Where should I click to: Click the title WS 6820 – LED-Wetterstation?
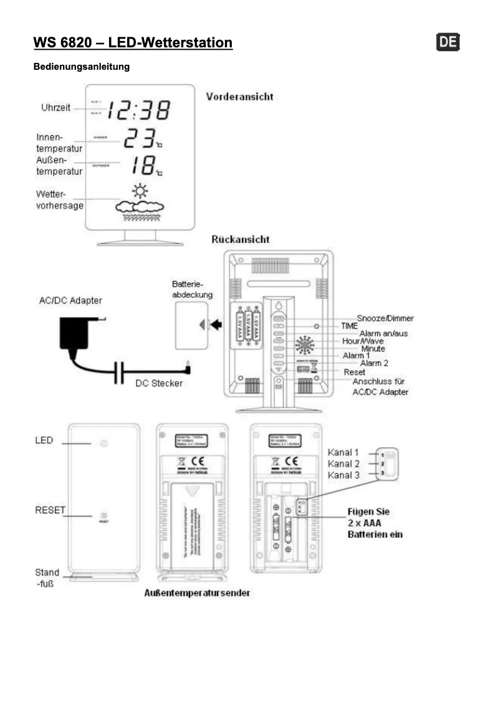(x=133, y=42)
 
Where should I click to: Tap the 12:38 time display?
(x=138, y=110)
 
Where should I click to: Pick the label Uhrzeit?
(x=55, y=108)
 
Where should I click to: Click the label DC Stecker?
(x=159, y=383)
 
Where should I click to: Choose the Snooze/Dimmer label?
(x=385, y=318)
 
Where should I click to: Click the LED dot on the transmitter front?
(x=104, y=443)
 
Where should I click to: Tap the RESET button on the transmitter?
(x=104, y=516)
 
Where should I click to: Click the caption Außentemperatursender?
(x=197, y=593)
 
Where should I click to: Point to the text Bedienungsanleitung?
(x=81, y=67)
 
